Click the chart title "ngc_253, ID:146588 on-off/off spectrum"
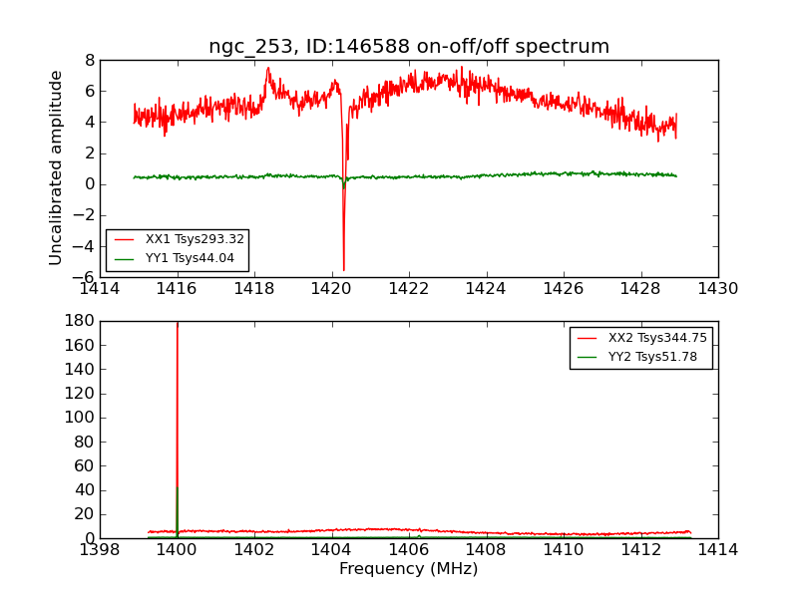[x=409, y=47]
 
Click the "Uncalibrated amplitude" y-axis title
[x=57, y=167]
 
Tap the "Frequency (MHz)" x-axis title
[x=408, y=569]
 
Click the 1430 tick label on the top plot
[x=717, y=289]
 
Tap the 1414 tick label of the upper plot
[x=100, y=289]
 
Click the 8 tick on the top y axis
[x=89, y=60]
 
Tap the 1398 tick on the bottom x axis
[x=100, y=550]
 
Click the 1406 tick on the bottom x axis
[x=409, y=550]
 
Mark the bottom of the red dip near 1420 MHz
[x=344, y=270]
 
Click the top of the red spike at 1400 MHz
[x=178, y=323]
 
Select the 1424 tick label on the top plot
[x=486, y=289]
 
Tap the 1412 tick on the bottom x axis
[x=640, y=550]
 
